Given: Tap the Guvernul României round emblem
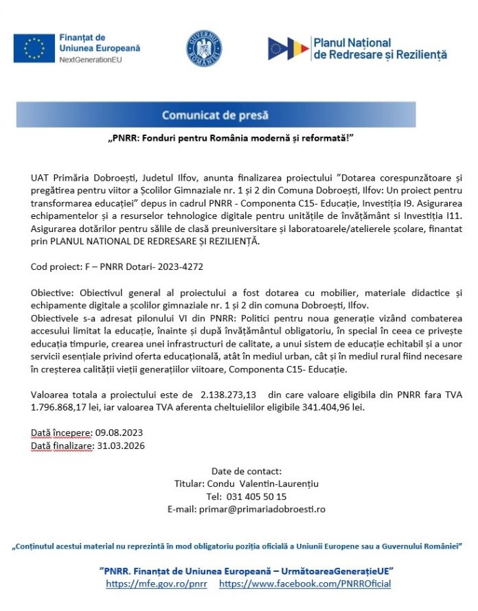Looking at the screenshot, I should (205, 48).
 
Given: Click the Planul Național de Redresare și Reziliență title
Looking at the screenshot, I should (379, 48).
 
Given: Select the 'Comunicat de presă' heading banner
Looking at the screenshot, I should (215, 115).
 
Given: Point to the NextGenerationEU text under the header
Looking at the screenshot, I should (91, 60).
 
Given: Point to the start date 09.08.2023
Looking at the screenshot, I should (120, 433).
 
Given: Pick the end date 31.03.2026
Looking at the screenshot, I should (121, 446).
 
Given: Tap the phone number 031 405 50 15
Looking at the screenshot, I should (256, 496).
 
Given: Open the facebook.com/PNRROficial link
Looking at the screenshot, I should (305, 584).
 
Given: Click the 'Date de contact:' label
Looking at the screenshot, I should (247, 471).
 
